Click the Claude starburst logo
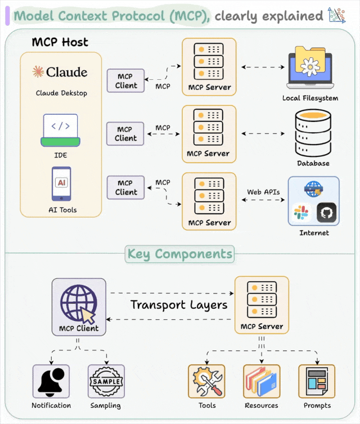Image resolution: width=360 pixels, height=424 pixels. pyautogui.click(x=38, y=71)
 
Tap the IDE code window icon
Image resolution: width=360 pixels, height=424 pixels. pyautogui.click(x=61, y=128)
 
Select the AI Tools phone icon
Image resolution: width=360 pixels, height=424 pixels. pyautogui.click(x=61, y=184)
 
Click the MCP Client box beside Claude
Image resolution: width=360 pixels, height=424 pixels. pyautogui.click(x=126, y=81)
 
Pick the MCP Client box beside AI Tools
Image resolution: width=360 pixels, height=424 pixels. pyautogui.click(x=126, y=187)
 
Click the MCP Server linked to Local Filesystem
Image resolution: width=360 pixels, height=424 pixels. pyautogui.click(x=209, y=66)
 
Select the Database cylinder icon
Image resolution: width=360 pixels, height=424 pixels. pyautogui.click(x=313, y=133)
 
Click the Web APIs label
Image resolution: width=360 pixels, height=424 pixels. pyautogui.click(x=263, y=192)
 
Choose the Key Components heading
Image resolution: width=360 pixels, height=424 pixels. pyautogui.click(x=179, y=254)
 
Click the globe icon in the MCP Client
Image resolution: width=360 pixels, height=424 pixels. pyautogui.click(x=78, y=303)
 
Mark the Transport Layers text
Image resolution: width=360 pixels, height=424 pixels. pyautogui.click(x=179, y=305)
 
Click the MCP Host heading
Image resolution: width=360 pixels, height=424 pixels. pyautogui.click(x=60, y=42)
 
